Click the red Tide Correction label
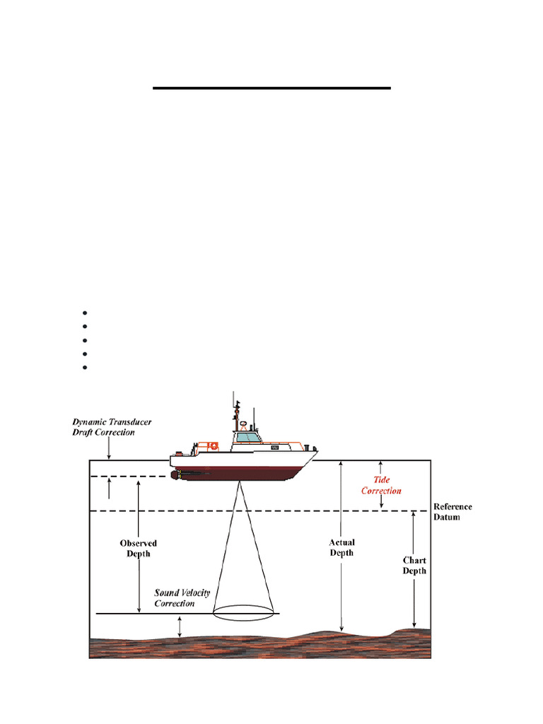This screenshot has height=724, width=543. point(382,485)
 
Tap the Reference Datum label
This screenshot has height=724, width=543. point(452,512)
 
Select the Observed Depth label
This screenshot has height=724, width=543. point(138,549)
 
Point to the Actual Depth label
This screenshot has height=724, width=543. point(341,548)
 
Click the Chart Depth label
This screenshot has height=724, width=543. point(414,566)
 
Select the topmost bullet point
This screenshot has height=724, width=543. point(83,313)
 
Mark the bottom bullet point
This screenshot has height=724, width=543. point(83,368)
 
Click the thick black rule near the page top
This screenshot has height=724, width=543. point(272,88)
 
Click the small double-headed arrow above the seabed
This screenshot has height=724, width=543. point(180,626)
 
